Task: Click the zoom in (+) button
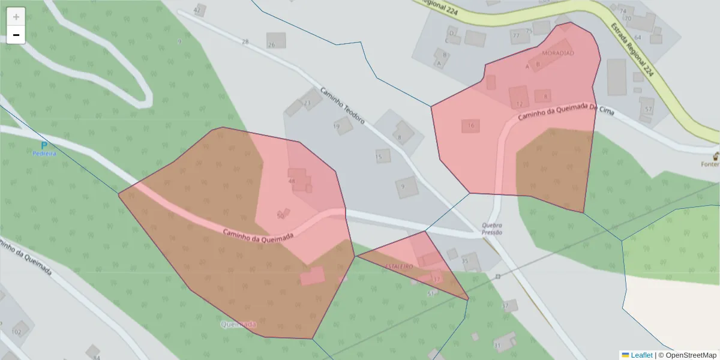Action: pyautogui.click(x=16, y=17)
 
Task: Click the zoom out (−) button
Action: pyautogui.click(x=16, y=35)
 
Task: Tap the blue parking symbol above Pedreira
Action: pyautogui.click(x=44, y=145)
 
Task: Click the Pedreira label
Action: pyautogui.click(x=44, y=154)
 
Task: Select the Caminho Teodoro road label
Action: pyautogui.click(x=342, y=106)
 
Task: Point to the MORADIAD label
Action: pyautogui.click(x=558, y=53)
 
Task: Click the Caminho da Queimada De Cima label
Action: pyautogui.click(x=559, y=110)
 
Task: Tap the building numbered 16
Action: pyautogui.click(x=470, y=125)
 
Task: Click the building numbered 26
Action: pyautogui.click(x=276, y=40)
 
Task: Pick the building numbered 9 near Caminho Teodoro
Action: pyautogui.click(x=406, y=187)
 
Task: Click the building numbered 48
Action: pyautogui.click(x=298, y=179)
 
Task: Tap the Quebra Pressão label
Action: pyautogui.click(x=491, y=229)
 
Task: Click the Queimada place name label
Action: pyautogui.click(x=238, y=325)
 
